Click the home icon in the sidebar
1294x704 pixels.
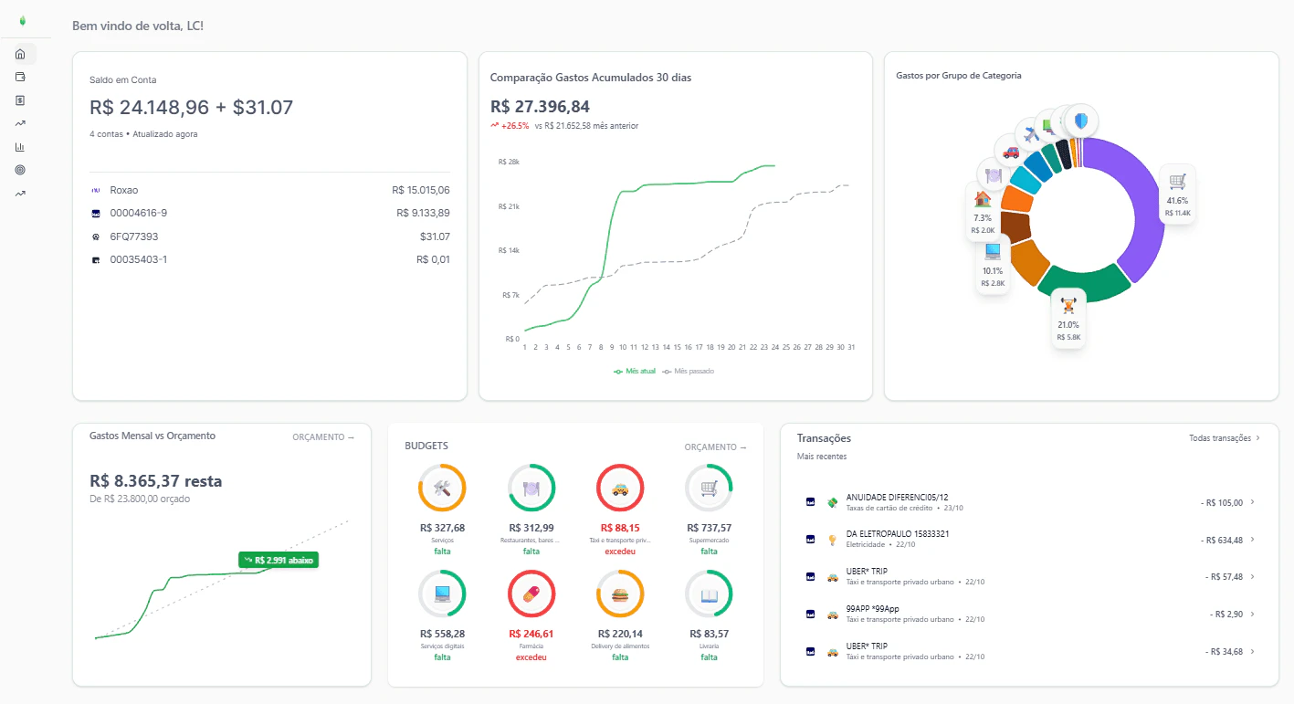click(x=20, y=54)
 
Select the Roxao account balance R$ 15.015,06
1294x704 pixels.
click(x=420, y=190)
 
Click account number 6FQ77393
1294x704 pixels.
click(x=133, y=236)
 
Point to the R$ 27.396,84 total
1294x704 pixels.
click(x=540, y=107)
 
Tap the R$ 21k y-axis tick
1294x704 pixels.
click(x=509, y=206)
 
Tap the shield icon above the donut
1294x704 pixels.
click(x=1081, y=121)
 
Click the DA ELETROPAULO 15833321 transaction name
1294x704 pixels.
click(x=897, y=533)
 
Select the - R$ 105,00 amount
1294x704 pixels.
click(x=1221, y=502)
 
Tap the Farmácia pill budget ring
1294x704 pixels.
click(x=531, y=595)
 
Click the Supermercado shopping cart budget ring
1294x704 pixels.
click(x=709, y=489)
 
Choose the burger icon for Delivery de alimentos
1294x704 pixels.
click(x=620, y=595)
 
